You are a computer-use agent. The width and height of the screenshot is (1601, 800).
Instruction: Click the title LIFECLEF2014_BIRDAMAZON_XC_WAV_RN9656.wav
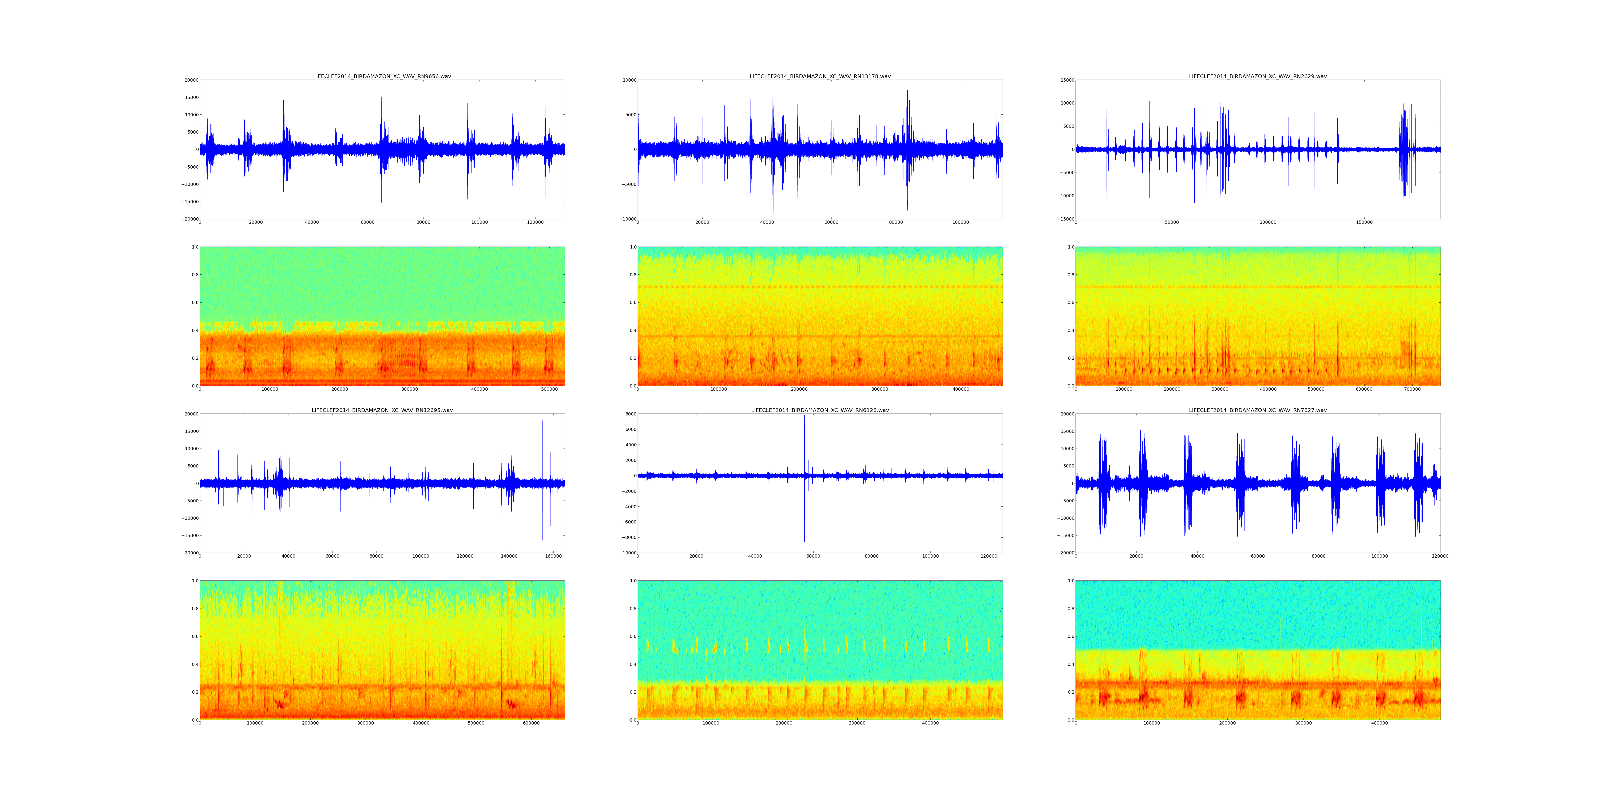(x=382, y=76)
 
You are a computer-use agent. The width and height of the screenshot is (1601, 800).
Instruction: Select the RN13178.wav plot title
(x=820, y=76)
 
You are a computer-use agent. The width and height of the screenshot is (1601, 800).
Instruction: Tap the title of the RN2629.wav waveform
(x=1257, y=76)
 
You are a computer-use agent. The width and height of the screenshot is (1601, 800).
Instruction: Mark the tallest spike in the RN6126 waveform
(x=804, y=416)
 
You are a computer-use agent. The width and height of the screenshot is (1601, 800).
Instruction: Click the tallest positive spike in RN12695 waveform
(x=542, y=422)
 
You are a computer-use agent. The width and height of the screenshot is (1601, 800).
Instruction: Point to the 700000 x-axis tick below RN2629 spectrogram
(x=1412, y=389)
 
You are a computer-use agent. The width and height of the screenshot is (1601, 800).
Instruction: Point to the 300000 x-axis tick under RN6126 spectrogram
(x=857, y=723)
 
